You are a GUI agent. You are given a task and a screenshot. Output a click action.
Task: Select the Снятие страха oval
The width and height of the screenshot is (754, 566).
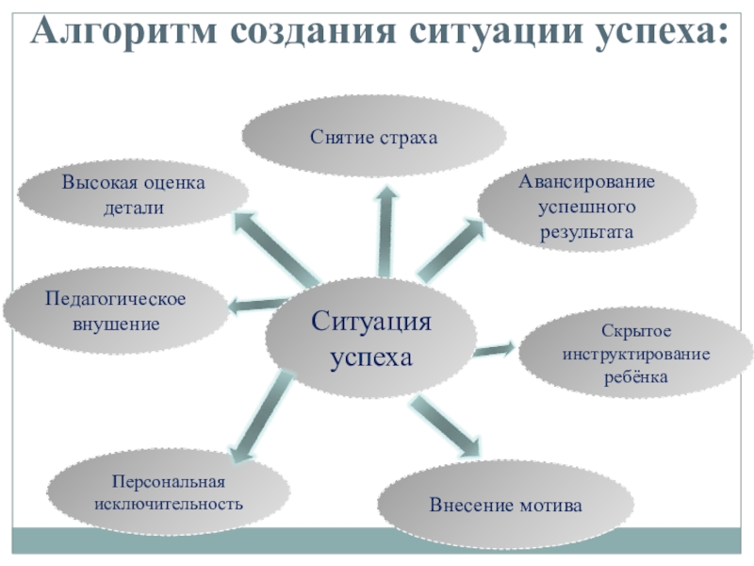point(374,138)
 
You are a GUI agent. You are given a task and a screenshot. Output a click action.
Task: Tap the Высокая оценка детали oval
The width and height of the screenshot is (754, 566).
point(133,194)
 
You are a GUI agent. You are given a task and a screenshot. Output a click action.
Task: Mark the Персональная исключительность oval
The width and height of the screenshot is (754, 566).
point(168,491)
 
